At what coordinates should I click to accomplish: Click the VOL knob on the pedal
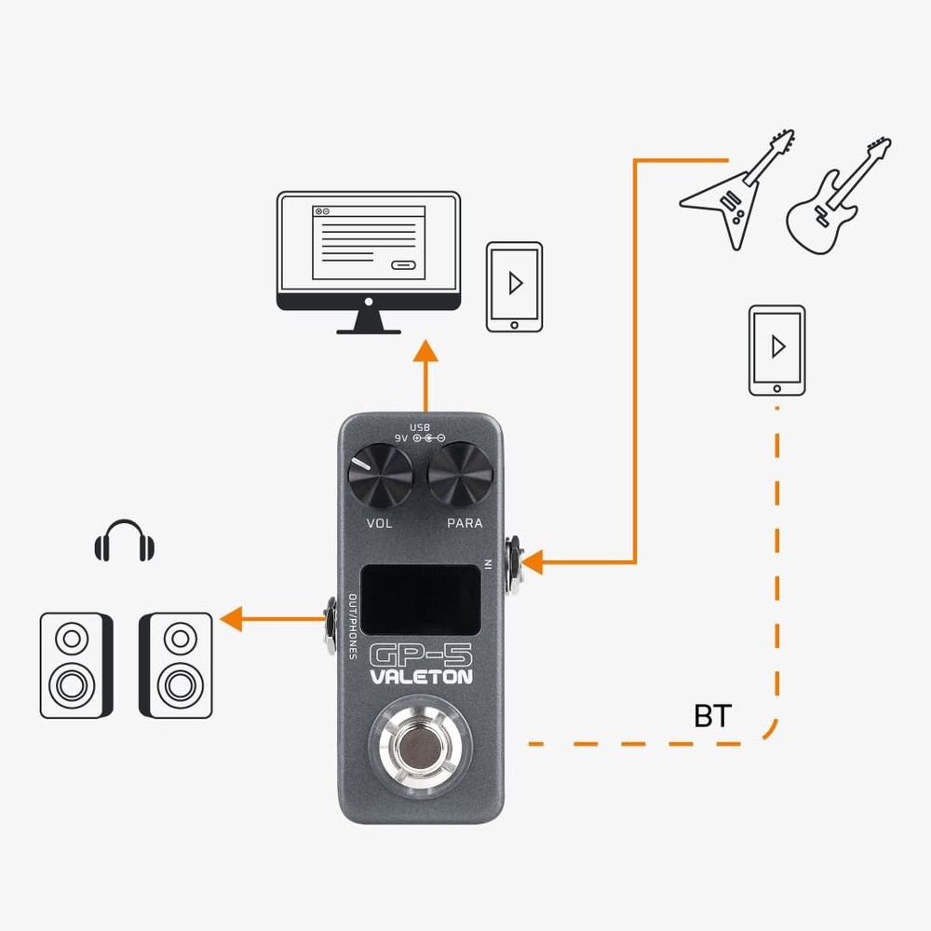coord(380,477)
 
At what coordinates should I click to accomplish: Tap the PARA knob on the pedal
coord(460,477)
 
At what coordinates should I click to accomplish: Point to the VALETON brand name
coord(422,678)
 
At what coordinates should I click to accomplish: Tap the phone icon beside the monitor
coord(513,286)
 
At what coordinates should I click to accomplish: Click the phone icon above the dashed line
coord(776,349)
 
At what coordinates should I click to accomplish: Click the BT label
coord(713,716)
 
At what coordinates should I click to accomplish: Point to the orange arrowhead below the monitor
coord(425,351)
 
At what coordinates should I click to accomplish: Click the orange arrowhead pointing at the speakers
coord(230,616)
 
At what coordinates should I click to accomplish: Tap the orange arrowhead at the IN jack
coord(532,562)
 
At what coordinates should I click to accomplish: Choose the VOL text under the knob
coord(380,523)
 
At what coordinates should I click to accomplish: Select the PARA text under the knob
coord(465,523)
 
